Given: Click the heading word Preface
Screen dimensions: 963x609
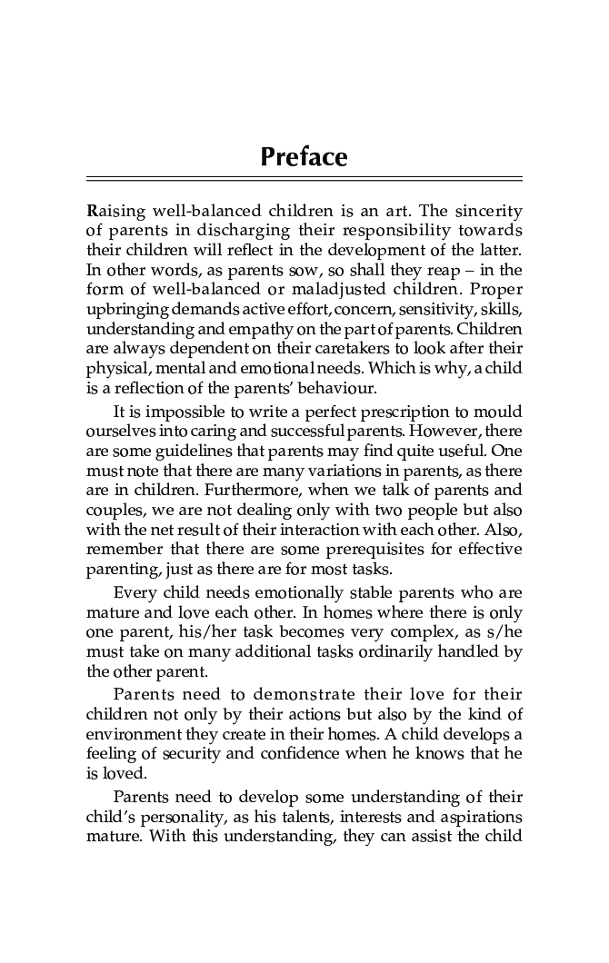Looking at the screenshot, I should pyautogui.click(x=304, y=157).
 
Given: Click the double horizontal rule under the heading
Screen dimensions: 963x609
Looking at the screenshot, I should pyautogui.click(x=304, y=179).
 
